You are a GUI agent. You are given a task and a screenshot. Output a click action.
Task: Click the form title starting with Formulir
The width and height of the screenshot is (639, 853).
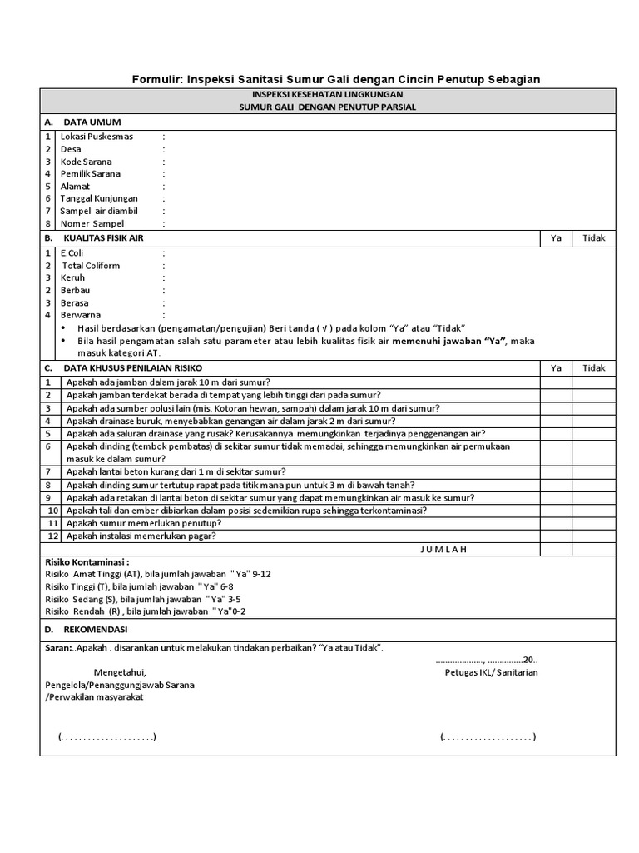pos(336,79)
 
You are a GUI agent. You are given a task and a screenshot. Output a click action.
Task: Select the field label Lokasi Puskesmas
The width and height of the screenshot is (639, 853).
pos(97,137)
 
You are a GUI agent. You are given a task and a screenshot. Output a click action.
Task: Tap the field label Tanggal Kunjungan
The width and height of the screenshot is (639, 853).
pos(99,199)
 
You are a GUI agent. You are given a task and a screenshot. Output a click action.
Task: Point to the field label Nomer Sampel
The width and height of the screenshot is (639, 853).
pos(92,224)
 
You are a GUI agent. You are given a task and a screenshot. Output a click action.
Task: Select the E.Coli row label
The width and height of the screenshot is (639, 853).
pos(72,253)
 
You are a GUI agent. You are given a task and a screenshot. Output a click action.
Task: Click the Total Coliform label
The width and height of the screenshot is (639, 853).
pos(90,266)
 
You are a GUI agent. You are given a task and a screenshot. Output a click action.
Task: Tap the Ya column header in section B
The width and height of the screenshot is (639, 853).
pos(556,238)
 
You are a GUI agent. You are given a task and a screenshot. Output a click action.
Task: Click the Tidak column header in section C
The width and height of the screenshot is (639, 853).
pos(594,368)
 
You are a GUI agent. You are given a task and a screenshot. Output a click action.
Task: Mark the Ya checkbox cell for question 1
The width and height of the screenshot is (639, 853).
pos(556,382)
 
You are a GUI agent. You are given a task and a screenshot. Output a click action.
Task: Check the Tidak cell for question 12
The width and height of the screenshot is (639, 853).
pos(594,536)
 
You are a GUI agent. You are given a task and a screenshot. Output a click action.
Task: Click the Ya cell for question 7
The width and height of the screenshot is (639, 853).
pos(556,472)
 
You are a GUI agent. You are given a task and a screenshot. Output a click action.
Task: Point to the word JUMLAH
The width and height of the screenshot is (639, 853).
pos(443,549)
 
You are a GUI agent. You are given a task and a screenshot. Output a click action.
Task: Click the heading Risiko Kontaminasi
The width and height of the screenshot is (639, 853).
pos(87,562)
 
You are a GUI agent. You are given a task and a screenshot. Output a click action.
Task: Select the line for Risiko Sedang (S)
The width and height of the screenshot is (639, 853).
pos(143,599)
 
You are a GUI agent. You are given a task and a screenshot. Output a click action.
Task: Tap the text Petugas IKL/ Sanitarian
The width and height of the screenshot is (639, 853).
pos(491,672)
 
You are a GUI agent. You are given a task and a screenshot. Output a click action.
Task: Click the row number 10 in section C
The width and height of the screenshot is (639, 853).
pos(52,511)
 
